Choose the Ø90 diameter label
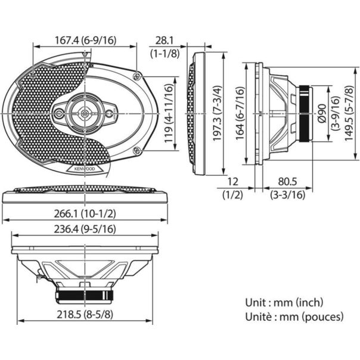point(322,111)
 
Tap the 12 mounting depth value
point(232,181)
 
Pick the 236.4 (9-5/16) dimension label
point(85,229)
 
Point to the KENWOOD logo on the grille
point(85,170)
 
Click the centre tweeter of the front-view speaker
point(84,111)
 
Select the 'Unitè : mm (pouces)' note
point(293,316)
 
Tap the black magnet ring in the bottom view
point(85,294)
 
